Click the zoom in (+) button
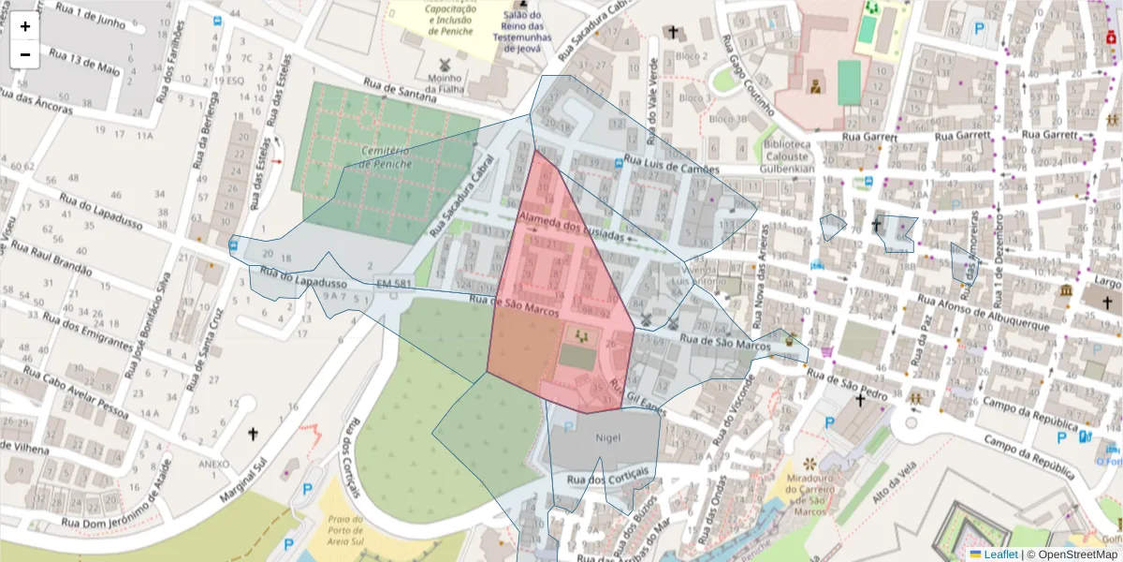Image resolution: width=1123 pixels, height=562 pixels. coord(25,26)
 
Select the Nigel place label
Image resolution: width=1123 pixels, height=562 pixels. coord(607,437)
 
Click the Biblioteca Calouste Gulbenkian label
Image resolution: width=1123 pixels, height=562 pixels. coord(787,156)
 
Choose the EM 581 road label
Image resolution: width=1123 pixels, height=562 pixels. coord(395,283)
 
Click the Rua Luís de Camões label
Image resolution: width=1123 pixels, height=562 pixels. coord(672,165)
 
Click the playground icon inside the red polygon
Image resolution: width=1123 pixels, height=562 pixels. coord(581,334)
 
